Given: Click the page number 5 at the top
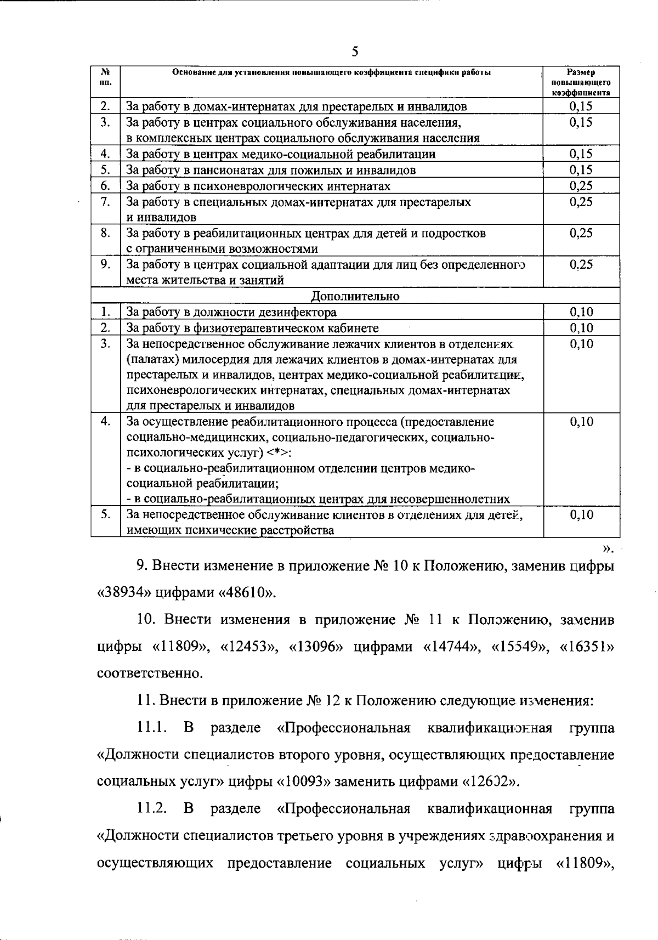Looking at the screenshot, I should click(355, 52).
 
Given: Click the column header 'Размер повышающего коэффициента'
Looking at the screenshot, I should click(581, 82).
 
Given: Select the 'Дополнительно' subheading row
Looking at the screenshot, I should click(355, 296).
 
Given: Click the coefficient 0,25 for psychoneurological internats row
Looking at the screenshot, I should click(581, 186).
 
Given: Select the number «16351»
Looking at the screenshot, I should click(587, 647).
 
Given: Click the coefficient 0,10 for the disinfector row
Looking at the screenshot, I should click(581, 313).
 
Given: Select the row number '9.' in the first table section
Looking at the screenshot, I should click(106, 264).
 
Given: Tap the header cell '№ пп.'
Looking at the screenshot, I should click(106, 77).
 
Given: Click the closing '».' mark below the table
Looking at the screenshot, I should click(608, 548).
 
